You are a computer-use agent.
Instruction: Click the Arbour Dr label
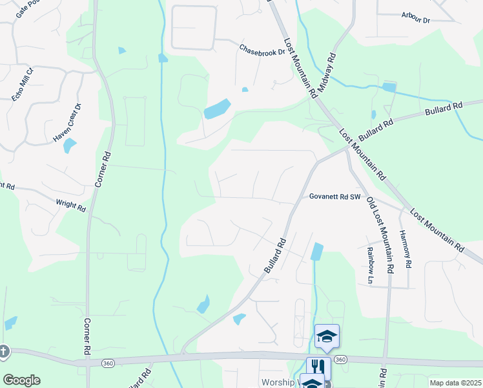(x=415, y=17)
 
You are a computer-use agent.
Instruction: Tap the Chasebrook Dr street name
(x=262, y=49)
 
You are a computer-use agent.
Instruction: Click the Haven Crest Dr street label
(x=67, y=123)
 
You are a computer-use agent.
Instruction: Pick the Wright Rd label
(x=70, y=206)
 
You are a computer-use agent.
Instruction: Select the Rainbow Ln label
(x=370, y=265)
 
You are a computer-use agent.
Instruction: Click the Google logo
(x=21, y=380)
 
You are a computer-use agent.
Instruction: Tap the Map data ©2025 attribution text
(x=456, y=383)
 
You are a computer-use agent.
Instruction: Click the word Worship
(x=278, y=382)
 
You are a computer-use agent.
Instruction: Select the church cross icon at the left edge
(x=4, y=351)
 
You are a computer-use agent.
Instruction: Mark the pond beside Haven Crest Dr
(x=70, y=145)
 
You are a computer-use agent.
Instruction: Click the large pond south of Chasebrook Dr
(x=217, y=109)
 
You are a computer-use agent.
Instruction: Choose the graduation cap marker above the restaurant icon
(x=327, y=336)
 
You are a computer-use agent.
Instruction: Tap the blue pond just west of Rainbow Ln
(x=316, y=251)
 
